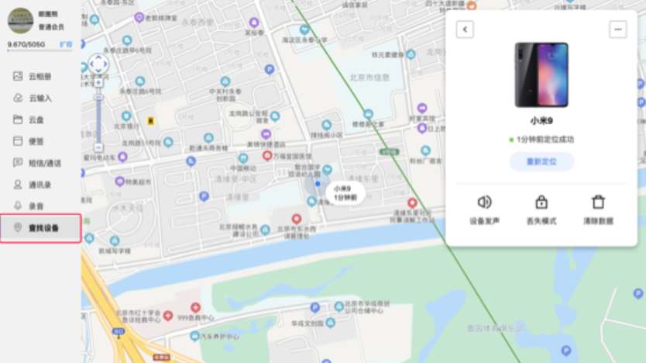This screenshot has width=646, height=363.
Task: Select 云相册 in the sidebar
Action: tap(40, 77)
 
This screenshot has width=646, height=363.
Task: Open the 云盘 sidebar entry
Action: tap(36, 120)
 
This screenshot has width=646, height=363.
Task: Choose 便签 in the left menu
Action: tap(36, 141)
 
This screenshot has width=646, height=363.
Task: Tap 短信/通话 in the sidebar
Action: tap(43, 163)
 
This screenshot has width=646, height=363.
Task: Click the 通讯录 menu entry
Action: tap(40, 185)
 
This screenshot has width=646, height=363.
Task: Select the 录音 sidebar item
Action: tap(36, 206)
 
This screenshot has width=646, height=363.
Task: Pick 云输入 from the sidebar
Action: tap(40, 99)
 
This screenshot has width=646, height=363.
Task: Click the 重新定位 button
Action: tap(541, 161)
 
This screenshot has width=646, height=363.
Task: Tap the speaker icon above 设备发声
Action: tap(485, 202)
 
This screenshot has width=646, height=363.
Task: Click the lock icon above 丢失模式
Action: tap(541, 202)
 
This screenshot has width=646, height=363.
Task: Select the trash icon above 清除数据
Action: tap(598, 202)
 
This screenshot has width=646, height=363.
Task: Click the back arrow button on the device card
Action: tap(464, 29)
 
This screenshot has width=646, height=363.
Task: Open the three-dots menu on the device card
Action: tap(617, 29)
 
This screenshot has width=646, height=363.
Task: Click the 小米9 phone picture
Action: tap(541, 74)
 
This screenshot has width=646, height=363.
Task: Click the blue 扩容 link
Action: tap(66, 44)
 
